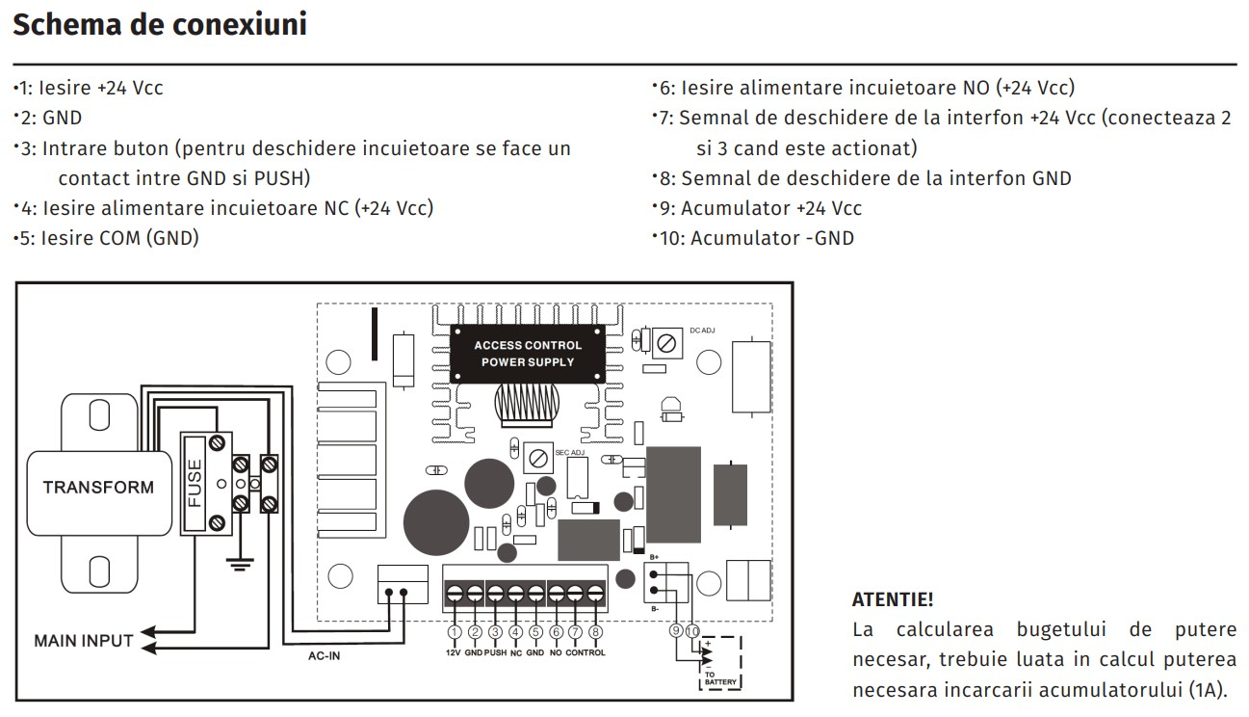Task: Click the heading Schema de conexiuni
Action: click(x=160, y=24)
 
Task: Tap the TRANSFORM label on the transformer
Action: click(x=98, y=487)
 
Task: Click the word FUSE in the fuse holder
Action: click(x=194, y=483)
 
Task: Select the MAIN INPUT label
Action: click(x=84, y=641)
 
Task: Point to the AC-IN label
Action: click(x=324, y=655)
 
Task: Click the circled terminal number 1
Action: click(x=455, y=632)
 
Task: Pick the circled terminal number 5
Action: click(x=535, y=632)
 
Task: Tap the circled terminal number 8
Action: click(x=595, y=632)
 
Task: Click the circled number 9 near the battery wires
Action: click(x=676, y=630)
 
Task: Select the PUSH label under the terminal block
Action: click(x=495, y=652)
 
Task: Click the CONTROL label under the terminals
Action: click(x=585, y=652)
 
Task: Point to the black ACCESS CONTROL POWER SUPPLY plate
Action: click(x=528, y=354)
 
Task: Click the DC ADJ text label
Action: click(x=702, y=331)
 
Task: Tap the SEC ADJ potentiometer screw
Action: click(x=538, y=459)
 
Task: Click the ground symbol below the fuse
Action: click(x=240, y=565)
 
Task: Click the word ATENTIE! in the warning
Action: click(x=892, y=599)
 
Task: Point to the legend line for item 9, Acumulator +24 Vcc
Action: click(x=757, y=208)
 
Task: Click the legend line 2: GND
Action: click(x=48, y=118)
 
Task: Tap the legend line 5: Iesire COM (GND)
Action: click(x=107, y=238)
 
